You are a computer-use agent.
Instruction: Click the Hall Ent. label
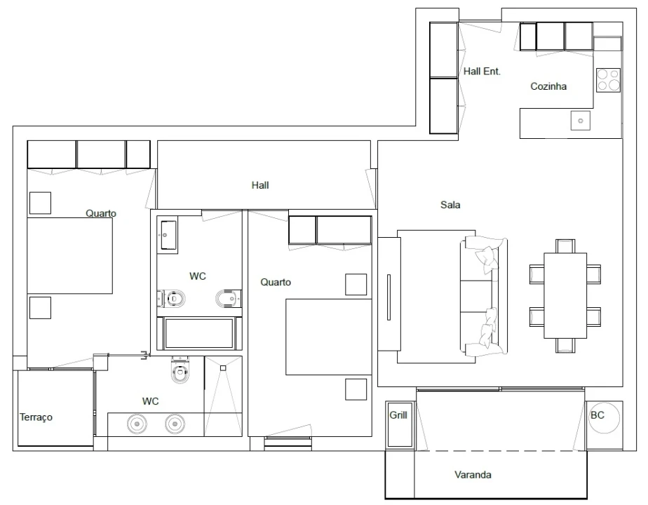pos(482,72)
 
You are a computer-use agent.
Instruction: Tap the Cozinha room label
pos(548,86)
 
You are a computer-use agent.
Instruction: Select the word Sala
pos(450,205)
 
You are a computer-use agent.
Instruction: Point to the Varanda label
pos(473,474)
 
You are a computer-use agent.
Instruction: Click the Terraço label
pos(36,417)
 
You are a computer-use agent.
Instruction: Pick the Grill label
pos(398,415)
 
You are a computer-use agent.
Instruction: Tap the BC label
pos(598,415)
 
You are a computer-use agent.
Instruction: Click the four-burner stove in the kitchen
pos(608,80)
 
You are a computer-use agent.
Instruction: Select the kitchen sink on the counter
pos(580,121)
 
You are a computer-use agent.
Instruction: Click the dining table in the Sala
pos(565,295)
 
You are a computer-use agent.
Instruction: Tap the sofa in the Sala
pos(483,295)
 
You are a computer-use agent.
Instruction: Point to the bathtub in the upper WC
pos(198,333)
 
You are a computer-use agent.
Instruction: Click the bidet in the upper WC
pos(228,298)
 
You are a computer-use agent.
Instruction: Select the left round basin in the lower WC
pos(137,424)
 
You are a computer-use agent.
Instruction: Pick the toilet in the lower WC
pos(180,370)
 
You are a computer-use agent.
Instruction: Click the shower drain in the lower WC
pos(223,368)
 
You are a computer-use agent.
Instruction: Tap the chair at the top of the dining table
pos(565,246)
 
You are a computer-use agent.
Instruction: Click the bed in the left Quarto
pos(70,255)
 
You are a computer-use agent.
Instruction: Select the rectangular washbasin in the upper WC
pos(168,235)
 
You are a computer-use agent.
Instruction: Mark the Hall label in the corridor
pos(260,185)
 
